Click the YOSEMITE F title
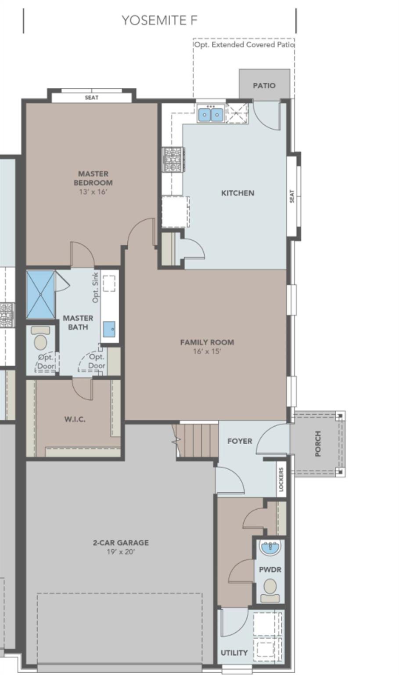[x=159, y=20]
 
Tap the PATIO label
[x=264, y=85]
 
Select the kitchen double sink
[x=210, y=115]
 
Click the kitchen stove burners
[x=173, y=159]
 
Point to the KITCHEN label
[x=237, y=193]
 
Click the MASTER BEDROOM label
[x=93, y=178]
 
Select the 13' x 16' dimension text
[x=93, y=192]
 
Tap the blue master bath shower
[x=40, y=294]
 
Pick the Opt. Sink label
[x=96, y=288]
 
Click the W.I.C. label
[x=75, y=419]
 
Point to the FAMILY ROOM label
[x=207, y=342]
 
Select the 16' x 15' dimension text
[x=207, y=352]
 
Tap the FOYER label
[x=240, y=441]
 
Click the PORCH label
[x=318, y=443]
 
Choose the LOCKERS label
[x=281, y=479]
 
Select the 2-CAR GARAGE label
[x=121, y=542]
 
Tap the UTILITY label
[x=234, y=653]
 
